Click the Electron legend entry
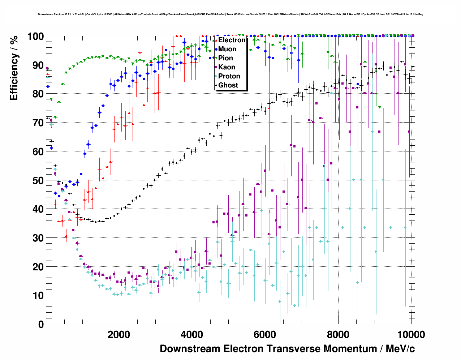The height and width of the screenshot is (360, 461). coord(232,40)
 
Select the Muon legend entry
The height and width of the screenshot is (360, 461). coord(227,49)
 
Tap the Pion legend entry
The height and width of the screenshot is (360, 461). coord(225,58)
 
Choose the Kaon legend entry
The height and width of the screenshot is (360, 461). coord(227,67)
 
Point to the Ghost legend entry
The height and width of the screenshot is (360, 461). coord(228,85)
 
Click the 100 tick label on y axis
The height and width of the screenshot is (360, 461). coord(36,37)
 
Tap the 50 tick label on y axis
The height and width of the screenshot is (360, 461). coord(38,180)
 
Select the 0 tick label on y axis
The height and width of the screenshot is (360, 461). coord(41,324)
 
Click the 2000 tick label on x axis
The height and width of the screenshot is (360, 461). coord(119,334)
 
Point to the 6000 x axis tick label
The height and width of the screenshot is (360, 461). coord(265,334)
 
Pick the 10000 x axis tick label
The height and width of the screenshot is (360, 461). coord(411,334)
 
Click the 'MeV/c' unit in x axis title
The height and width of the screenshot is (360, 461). coord(400,349)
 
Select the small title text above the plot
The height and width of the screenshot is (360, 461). coord(231,14)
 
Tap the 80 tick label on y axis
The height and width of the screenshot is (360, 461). coord(38,94)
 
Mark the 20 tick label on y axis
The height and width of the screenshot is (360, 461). coord(38,267)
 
